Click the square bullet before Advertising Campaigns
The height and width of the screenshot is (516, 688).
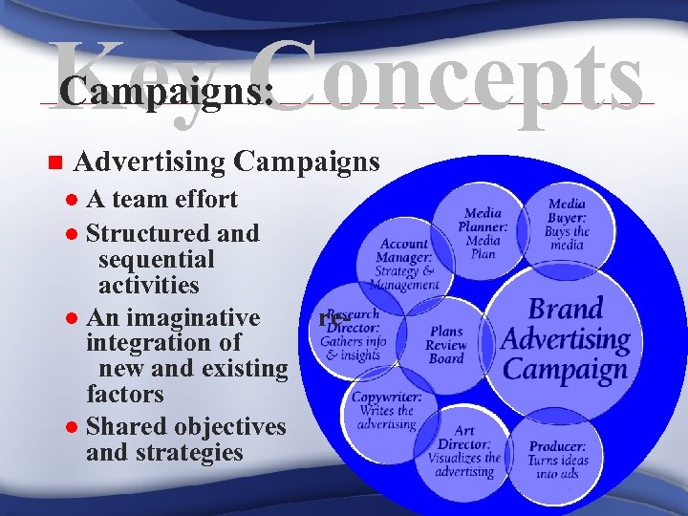(54, 162)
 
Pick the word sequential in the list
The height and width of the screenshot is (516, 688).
(156, 259)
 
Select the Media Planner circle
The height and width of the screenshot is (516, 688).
(483, 229)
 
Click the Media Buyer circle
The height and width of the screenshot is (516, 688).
(568, 224)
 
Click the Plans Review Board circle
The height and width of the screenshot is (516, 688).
(445, 344)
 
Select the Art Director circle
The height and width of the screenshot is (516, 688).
(462, 449)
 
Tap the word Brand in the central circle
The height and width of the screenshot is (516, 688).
(566, 310)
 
